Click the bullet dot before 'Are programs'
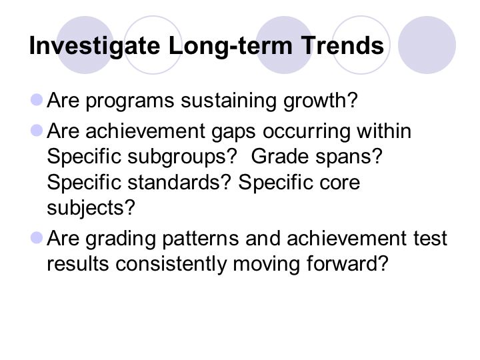pyautogui.click(x=37, y=100)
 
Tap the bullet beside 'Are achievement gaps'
pyautogui.click(x=37, y=131)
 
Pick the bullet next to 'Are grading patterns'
pyautogui.click(x=37, y=238)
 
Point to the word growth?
pyautogui.click(x=321, y=101)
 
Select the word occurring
pyautogui.click(x=306, y=132)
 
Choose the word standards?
pyautogui.click(x=179, y=182)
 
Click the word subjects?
pyautogui.click(x=91, y=208)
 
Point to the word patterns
pyautogui.click(x=201, y=239)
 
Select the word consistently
pyautogui.click(x=171, y=264)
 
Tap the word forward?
pyautogui.click(x=347, y=263)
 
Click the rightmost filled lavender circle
pyautogui.click(x=427, y=45)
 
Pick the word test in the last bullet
pyautogui.click(x=431, y=239)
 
